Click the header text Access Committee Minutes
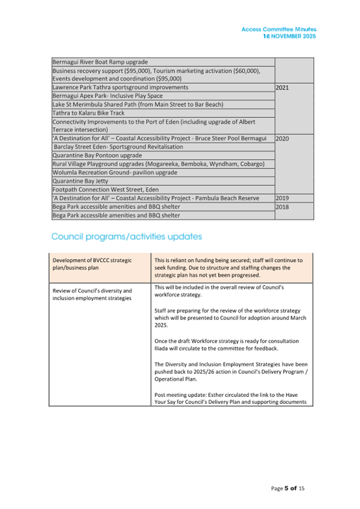click(278, 30)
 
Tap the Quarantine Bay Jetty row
click(80, 181)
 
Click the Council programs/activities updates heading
click(126, 236)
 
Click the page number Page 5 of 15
click(287, 488)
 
